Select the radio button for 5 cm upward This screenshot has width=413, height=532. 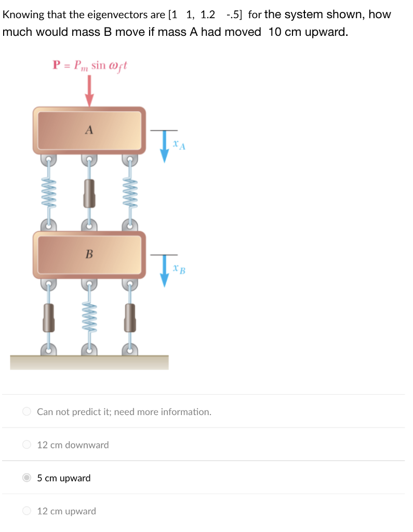click(x=27, y=478)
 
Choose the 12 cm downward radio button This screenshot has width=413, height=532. click(x=27, y=445)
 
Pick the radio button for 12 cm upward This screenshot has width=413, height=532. click(x=27, y=511)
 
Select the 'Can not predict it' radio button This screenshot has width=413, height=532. click(x=27, y=412)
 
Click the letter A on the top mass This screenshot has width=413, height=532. click(x=89, y=130)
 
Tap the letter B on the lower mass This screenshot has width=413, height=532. click(x=89, y=254)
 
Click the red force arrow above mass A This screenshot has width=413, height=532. click(x=89, y=91)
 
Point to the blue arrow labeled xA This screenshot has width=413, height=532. click(x=165, y=145)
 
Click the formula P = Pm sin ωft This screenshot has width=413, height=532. click(x=89, y=66)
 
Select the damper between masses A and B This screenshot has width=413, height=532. click(x=89, y=193)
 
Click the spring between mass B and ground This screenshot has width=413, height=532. click(x=89, y=317)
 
